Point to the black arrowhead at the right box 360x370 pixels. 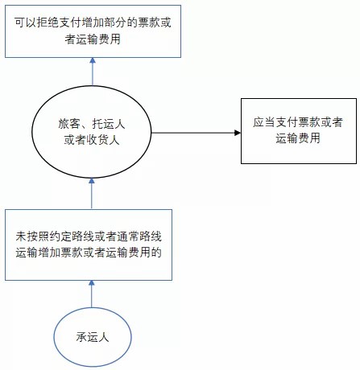[x=238, y=133]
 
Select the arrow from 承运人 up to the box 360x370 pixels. [x=92, y=294]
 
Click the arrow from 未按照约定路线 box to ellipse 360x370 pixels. [x=92, y=194]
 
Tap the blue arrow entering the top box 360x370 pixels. [x=93, y=72]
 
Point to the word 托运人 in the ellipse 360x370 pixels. [x=109, y=124]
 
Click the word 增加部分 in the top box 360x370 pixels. [x=105, y=23]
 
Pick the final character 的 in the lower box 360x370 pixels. [x=156, y=253]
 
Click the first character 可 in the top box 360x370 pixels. [x=20, y=23]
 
